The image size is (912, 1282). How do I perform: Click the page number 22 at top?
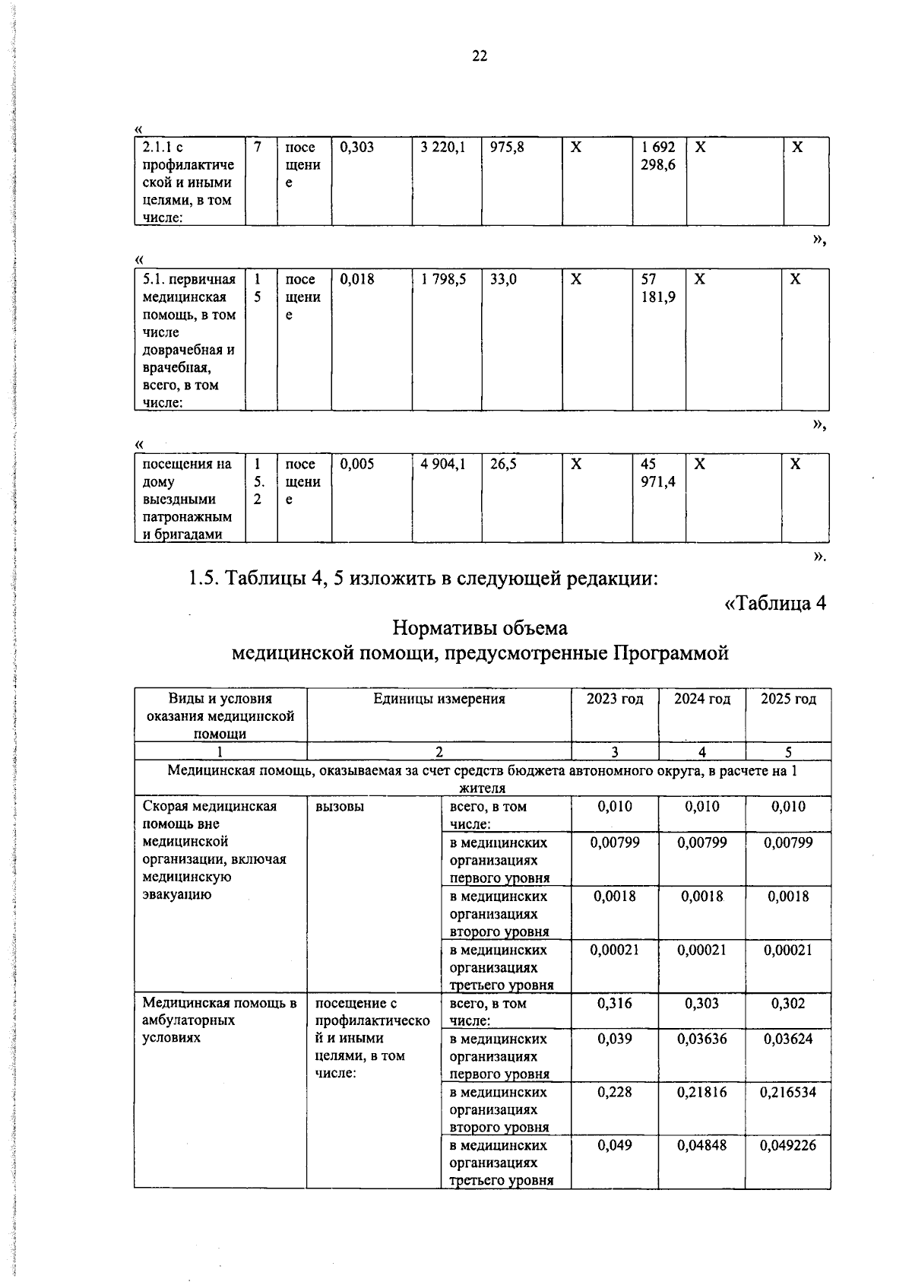tap(480, 56)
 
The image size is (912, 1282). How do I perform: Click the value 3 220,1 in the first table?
tap(443, 148)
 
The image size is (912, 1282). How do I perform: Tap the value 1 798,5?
tap(443, 279)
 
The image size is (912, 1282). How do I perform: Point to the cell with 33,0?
tap(503, 279)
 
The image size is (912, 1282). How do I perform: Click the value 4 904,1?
tap(443, 464)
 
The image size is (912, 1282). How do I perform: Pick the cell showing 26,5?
tap(503, 464)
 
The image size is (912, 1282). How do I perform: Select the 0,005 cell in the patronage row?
tap(357, 464)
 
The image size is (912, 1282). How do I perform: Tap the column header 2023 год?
tap(615, 699)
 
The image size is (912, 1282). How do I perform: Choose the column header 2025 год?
tap(788, 699)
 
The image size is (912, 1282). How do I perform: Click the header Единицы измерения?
tap(439, 699)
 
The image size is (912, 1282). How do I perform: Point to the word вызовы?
tap(339, 807)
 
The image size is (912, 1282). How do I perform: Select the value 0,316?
tap(615, 1003)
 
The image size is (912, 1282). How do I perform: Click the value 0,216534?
tap(788, 1092)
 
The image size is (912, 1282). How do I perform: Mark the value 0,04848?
tap(701, 1145)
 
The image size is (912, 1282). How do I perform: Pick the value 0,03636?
tap(701, 1039)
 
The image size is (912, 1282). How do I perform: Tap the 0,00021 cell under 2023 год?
tap(615, 950)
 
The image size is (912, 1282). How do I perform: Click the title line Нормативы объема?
tap(480, 629)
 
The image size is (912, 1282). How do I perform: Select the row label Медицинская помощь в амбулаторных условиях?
tap(219, 1020)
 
